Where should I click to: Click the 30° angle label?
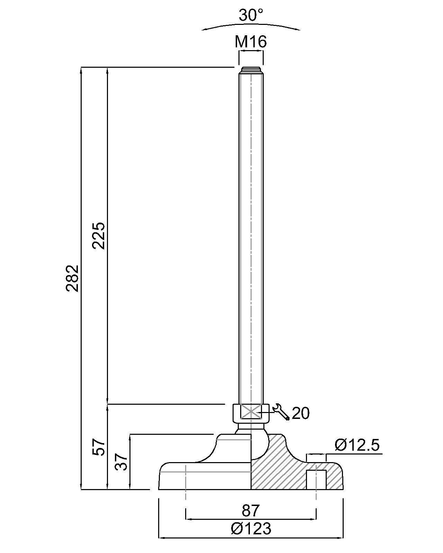click(x=251, y=15)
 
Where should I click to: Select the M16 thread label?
click(x=251, y=42)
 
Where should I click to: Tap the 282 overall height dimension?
click(x=73, y=278)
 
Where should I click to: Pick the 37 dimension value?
click(x=121, y=462)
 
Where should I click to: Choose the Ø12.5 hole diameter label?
click(x=357, y=445)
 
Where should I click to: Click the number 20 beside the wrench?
click(x=300, y=413)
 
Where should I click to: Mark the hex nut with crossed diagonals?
click(x=251, y=412)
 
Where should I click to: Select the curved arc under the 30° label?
click(x=251, y=26)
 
